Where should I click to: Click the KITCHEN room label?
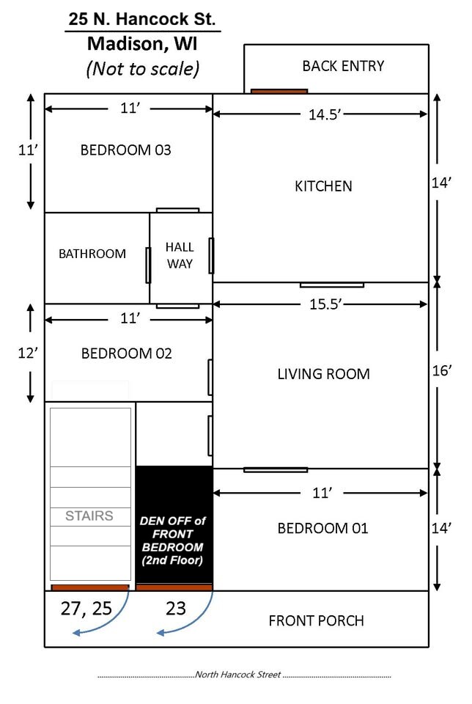coord(323,186)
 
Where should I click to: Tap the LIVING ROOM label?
coord(323,374)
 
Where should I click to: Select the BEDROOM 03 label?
coord(125,150)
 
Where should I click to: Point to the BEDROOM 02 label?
coord(126,353)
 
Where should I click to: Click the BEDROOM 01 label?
coord(322,528)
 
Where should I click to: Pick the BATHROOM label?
coord(92,254)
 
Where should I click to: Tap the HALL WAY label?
coord(180,255)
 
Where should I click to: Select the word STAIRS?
coord(89,516)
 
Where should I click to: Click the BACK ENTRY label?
coord(343,66)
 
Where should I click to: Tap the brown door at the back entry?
coord(279,91)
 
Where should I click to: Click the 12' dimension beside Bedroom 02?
coord(28,353)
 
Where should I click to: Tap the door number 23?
coord(175,608)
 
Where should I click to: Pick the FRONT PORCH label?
coord(316,620)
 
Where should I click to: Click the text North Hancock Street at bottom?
coord(237,675)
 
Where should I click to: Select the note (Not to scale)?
coord(143,69)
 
